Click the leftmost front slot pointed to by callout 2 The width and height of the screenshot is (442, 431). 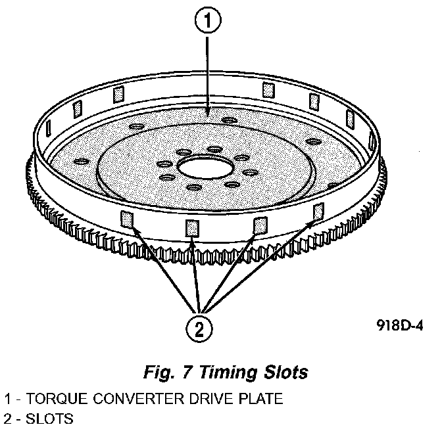(x=127, y=218)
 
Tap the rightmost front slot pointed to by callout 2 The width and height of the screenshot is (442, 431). (x=318, y=211)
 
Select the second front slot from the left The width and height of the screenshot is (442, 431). (x=192, y=227)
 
